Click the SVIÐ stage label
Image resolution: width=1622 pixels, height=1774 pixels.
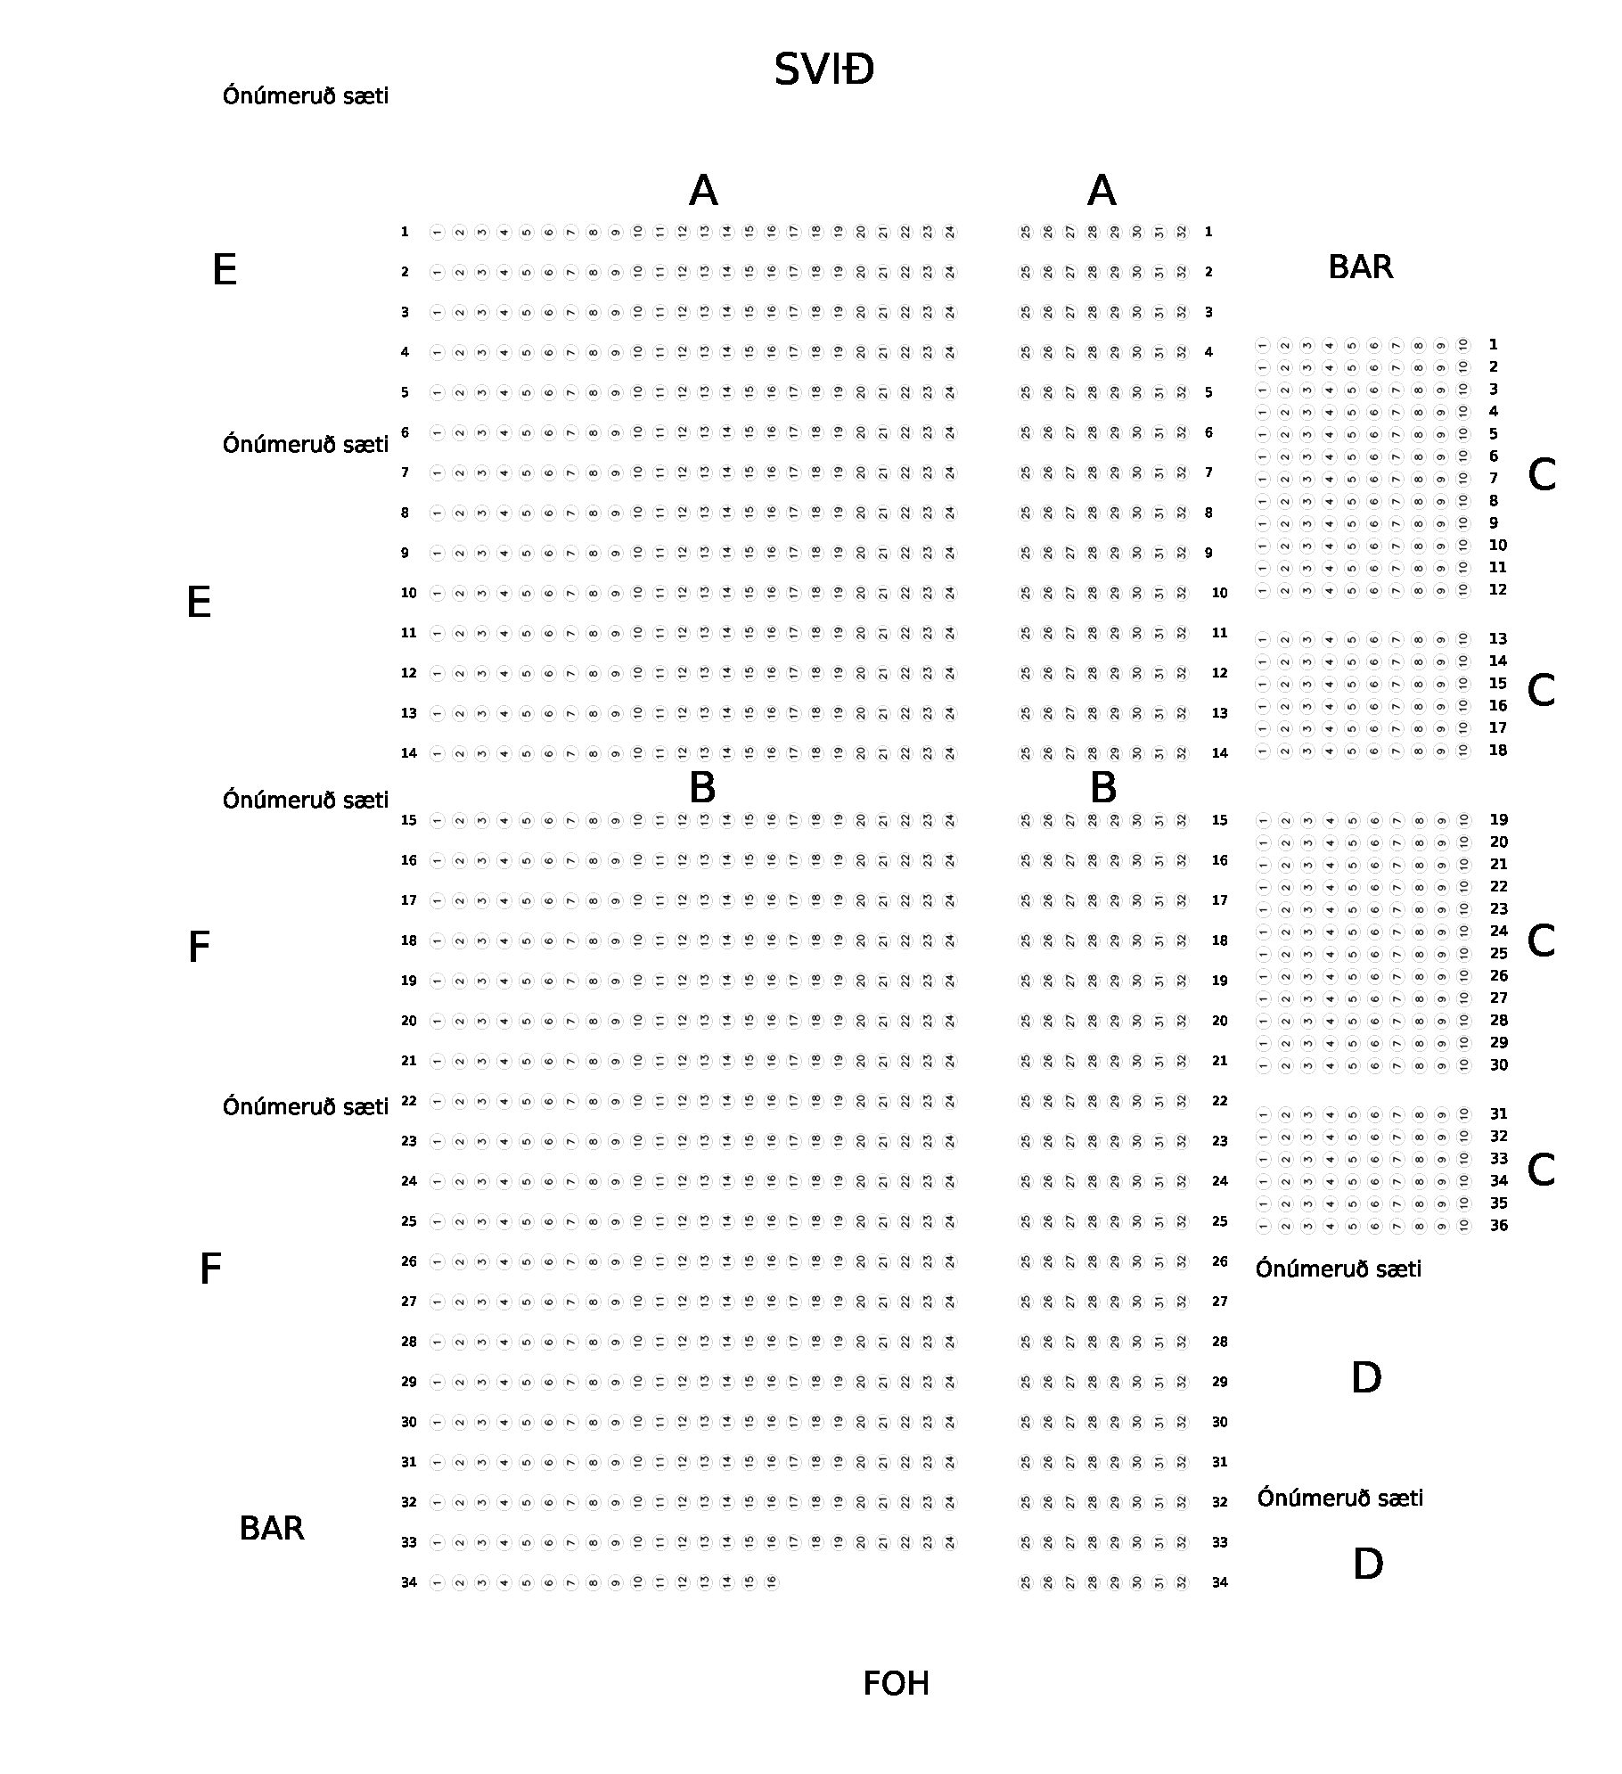pos(823,70)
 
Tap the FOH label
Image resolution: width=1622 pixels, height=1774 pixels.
pos(896,1684)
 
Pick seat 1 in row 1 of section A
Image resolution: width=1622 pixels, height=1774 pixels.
pos(437,233)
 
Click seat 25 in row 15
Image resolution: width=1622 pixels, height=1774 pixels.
pos(1025,821)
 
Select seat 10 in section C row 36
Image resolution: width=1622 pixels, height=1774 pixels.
pos(1463,1227)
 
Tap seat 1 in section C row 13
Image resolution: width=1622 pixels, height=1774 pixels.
pos(1263,640)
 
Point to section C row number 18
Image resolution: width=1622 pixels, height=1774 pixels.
pos(1498,751)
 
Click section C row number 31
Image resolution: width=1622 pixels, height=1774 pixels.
pos(1498,1114)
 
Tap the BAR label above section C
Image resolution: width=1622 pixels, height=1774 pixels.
pos(1360,267)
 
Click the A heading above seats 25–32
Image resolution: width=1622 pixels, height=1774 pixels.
pos(1102,191)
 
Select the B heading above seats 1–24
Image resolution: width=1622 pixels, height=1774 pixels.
pos(702,788)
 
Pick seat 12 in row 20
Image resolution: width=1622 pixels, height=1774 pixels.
pos(682,1022)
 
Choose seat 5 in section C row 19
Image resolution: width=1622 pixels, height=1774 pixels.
pos(1352,821)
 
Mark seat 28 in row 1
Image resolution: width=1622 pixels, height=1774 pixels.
pos(1092,233)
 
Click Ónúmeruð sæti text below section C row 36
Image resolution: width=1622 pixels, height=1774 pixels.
pos(1339,1269)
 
